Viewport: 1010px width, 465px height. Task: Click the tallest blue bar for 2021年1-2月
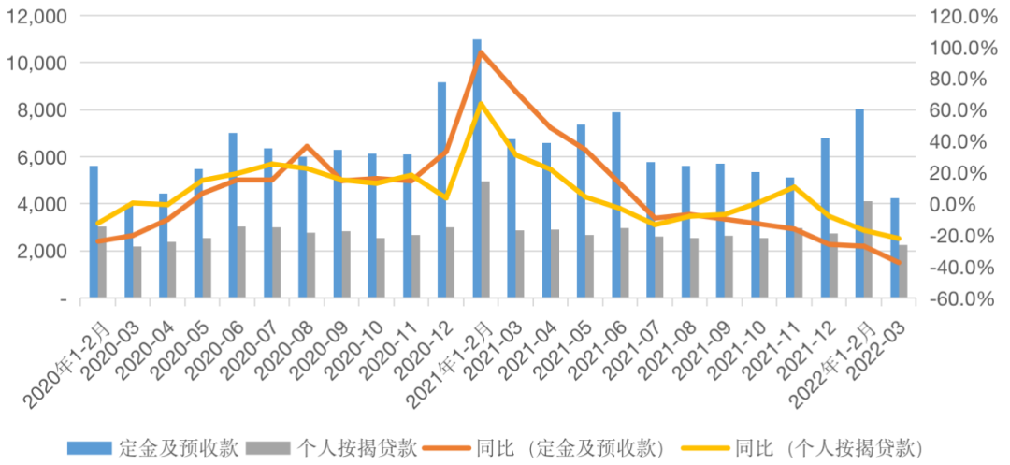(477, 168)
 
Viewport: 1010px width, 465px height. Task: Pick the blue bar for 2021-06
(616, 205)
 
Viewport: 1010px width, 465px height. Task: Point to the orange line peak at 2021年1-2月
(480, 51)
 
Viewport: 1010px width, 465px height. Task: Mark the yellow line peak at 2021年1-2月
(480, 103)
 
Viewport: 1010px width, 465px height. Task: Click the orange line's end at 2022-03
(900, 263)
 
